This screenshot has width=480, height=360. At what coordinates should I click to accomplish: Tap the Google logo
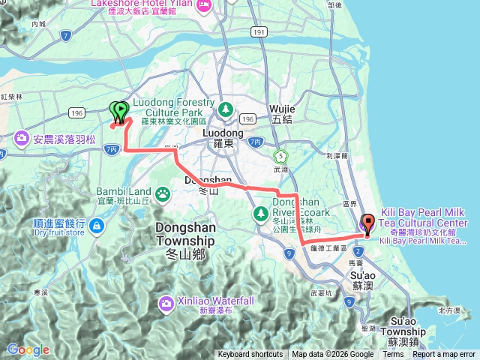point(28,349)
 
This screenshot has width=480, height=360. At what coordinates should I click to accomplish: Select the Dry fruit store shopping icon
point(96,225)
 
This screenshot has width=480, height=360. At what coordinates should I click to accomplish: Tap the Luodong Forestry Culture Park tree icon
point(225,110)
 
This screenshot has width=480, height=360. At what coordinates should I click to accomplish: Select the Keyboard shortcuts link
point(250,355)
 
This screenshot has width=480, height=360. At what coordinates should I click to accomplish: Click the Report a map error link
point(444,355)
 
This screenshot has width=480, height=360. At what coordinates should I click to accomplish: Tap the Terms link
point(393,355)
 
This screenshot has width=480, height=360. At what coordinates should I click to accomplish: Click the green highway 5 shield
point(280,156)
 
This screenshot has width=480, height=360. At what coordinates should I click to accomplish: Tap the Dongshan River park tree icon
point(260,214)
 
